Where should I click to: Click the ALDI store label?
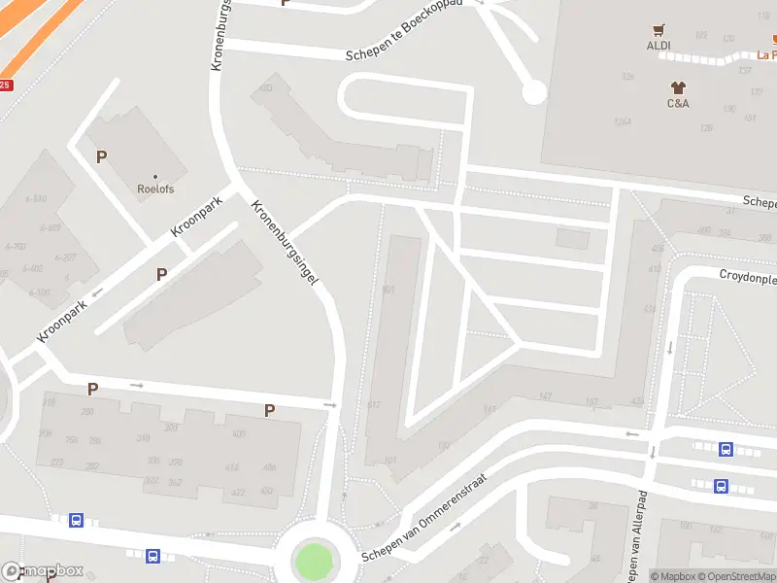pyautogui.click(x=659, y=46)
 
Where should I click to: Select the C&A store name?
pyautogui.click(x=678, y=103)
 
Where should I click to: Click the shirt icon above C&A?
pyautogui.click(x=678, y=87)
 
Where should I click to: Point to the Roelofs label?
pyautogui.click(x=154, y=189)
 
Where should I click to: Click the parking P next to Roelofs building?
pyautogui.click(x=101, y=156)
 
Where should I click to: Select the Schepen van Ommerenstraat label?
pyautogui.click(x=435, y=514)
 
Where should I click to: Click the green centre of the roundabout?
pyautogui.click(x=312, y=561)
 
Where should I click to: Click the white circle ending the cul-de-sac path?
pyautogui.click(x=533, y=93)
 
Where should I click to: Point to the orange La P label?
pyautogui.click(x=766, y=55)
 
